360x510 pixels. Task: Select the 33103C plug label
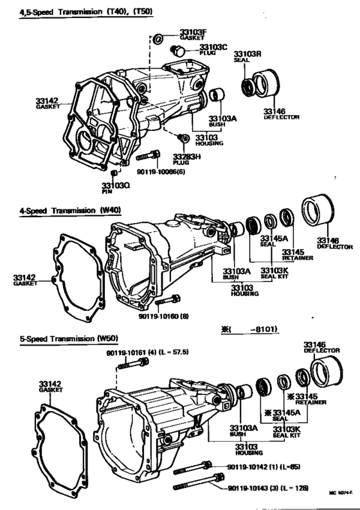tap(213, 51)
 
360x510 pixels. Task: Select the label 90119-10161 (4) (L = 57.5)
tap(148, 354)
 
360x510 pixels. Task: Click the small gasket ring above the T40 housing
tap(156, 41)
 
